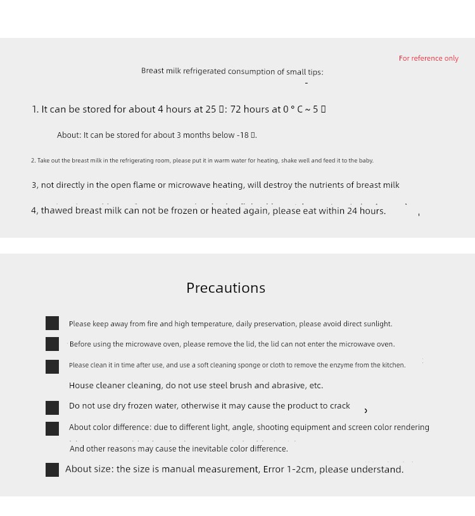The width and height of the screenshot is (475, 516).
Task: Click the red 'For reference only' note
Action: point(428,58)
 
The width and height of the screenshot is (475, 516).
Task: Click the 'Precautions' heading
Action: point(225,288)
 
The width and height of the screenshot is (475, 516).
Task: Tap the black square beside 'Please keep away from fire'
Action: point(53,323)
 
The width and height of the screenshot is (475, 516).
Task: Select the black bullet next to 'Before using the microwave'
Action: point(53,344)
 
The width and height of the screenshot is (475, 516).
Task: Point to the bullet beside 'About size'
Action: point(53,469)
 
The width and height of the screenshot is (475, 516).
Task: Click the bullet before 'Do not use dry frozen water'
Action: point(53,408)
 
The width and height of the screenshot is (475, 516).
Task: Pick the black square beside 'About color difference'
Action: point(53,429)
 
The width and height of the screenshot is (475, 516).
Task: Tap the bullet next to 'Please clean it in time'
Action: point(53,367)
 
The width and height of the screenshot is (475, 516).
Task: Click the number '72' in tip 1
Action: point(236,109)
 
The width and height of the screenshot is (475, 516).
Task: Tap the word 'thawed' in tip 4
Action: point(56,211)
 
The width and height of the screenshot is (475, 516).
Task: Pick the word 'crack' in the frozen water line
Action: point(339,406)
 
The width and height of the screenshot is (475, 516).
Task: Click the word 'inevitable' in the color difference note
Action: point(217,448)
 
